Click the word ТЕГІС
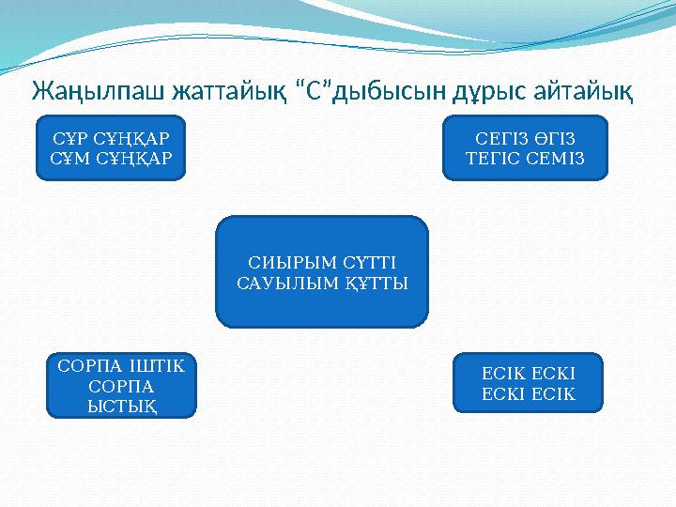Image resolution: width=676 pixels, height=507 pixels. (x=493, y=156)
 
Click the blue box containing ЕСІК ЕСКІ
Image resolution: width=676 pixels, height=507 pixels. (x=528, y=382)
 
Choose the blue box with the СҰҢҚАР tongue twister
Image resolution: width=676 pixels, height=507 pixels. (x=111, y=147)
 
